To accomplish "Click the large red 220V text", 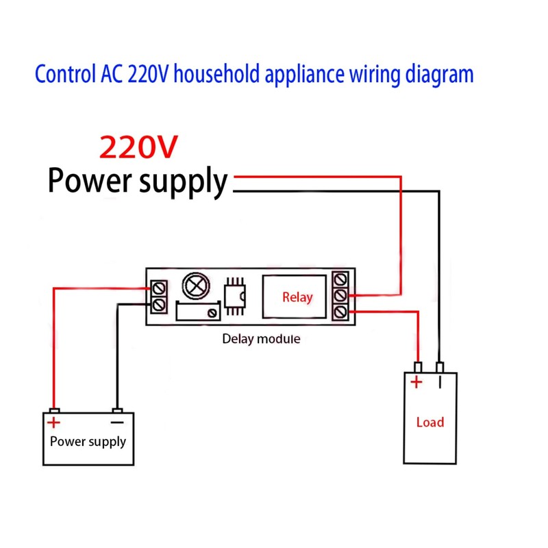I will tap(139, 146).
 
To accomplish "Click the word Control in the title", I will tap(61, 73).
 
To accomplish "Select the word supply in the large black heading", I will tap(184, 182).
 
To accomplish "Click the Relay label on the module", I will tap(297, 297).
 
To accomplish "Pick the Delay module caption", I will tap(261, 338).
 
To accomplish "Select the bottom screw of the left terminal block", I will tap(160, 303).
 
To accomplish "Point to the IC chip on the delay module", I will tap(234, 295).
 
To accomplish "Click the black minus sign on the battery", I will tap(117, 423).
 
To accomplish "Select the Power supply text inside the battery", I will tap(88, 441).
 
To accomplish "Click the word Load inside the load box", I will tap(430, 422).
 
